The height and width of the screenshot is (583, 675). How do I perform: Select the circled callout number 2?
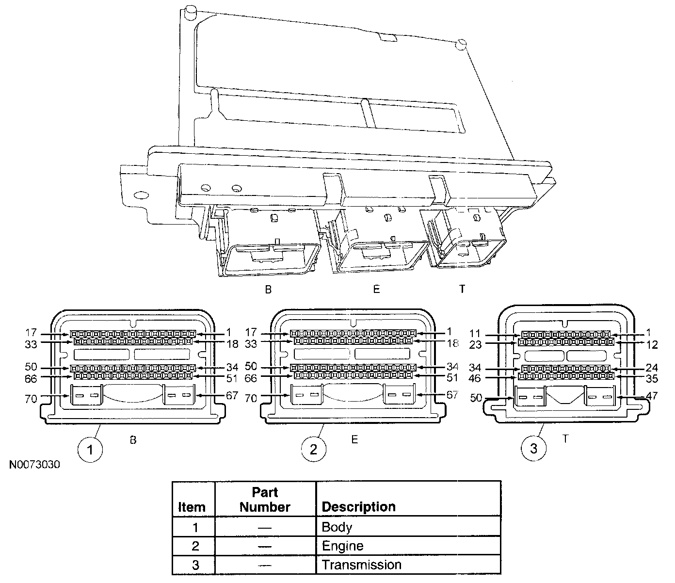coord(313,449)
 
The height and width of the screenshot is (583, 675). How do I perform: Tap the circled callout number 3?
coord(533,449)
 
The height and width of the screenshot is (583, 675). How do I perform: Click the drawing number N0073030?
coord(34,465)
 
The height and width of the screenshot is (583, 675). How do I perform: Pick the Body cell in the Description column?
coord(337,527)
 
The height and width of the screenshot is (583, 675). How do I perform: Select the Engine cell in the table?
coord(342,546)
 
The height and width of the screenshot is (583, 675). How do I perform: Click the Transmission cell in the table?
coord(361,565)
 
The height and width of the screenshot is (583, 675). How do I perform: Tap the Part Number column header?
coord(265,500)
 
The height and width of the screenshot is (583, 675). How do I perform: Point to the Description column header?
coord(358,507)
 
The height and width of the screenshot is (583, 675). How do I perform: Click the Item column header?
coord(192,507)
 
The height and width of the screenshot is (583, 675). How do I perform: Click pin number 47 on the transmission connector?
coord(652,396)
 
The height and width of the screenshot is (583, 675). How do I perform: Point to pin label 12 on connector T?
coord(652,344)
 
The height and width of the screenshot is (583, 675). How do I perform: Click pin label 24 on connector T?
coord(652,368)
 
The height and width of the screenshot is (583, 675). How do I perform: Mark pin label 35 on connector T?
coord(652,377)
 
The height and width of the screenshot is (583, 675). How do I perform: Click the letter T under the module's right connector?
coord(462,289)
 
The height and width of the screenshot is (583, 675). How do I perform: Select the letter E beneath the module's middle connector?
coord(376,289)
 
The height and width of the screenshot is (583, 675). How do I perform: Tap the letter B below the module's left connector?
coord(268,290)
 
